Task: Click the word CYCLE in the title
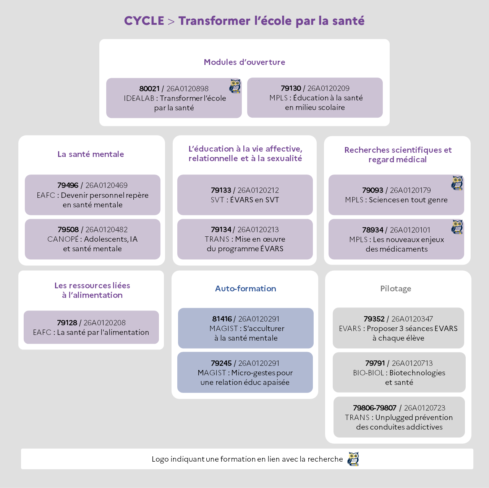(144, 21)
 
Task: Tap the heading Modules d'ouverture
(244, 62)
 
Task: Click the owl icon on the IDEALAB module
(235, 86)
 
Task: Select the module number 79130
(291, 88)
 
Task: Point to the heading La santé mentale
(91, 154)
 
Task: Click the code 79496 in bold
(68, 186)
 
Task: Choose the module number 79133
(221, 190)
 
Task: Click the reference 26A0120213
(258, 229)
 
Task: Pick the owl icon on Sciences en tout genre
(457, 183)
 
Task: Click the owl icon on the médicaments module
(457, 227)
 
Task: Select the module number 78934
(372, 230)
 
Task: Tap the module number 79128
(67, 323)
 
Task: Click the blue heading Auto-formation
(246, 289)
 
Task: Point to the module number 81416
(222, 319)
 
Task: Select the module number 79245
(221, 364)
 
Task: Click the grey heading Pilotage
(396, 289)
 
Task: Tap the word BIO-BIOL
(368, 373)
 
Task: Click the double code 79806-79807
(374, 408)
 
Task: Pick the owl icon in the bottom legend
(353, 459)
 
